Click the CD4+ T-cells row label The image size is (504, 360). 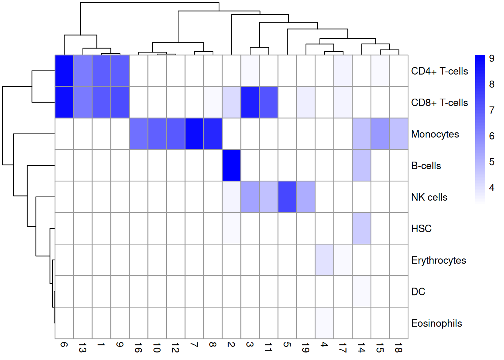[439, 71]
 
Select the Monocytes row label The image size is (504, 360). [435, 134]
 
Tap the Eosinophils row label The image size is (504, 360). [436, 323]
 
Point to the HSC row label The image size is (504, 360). [421, 229]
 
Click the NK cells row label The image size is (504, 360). [429, 197]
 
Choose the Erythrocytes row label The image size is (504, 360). [438, 260]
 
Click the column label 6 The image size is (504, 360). [64, 345]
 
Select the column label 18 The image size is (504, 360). [398, 349]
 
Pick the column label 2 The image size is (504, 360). [231, 345]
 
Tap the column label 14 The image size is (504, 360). [361, 349]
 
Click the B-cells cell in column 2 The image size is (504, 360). [231, 165]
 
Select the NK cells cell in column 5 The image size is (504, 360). [287, 197]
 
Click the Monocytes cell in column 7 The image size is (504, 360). [194, 134]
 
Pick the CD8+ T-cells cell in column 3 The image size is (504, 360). [250, 102]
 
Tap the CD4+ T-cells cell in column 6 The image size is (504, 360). [64, 71]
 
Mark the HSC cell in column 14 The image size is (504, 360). [361, 228]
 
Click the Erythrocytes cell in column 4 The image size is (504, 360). [324, 260]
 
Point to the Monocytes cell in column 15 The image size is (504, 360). [380, 134]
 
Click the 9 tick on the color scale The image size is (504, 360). [492, 58]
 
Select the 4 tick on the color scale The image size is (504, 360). [492, 188]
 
